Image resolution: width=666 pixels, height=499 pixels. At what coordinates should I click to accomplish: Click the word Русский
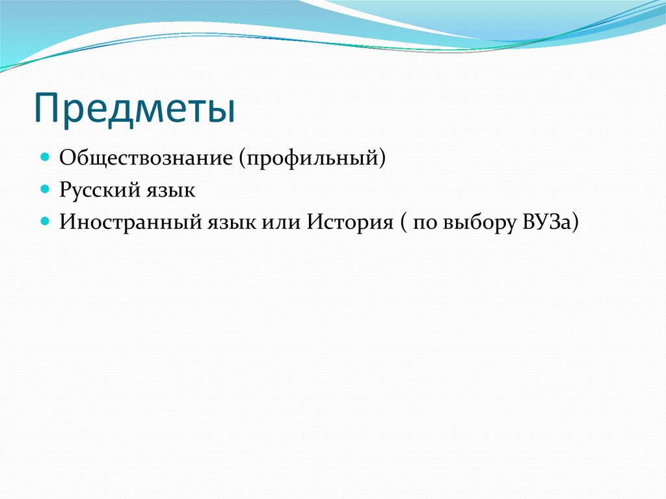[98, 191]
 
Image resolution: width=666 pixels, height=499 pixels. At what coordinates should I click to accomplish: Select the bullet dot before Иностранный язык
[45, 221]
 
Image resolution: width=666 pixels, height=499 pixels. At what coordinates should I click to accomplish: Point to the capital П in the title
[47, 109]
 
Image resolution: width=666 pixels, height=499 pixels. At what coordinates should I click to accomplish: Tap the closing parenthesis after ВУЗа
[575, 223]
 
